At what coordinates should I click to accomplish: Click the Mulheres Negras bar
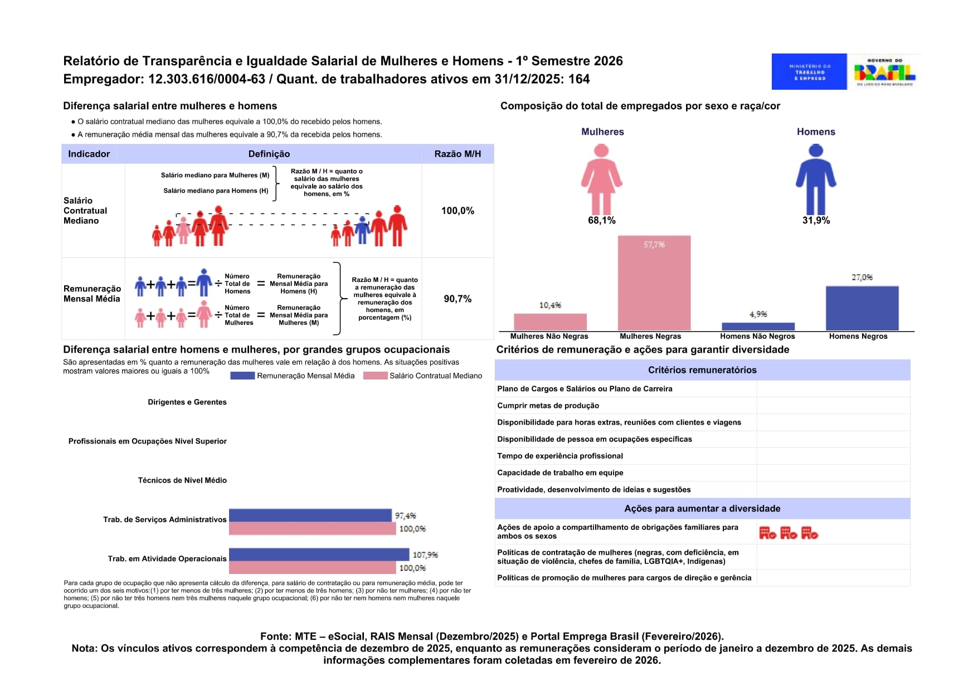coord(654,283)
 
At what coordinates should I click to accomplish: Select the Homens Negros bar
coord(862,308)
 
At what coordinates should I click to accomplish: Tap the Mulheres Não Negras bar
coord(550,322)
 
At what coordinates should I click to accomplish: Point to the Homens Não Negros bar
coord(758,327)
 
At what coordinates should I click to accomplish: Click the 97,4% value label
coord(405,515)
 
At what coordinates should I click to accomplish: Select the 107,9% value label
coord(425,555)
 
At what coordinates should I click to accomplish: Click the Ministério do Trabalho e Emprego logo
coord(809,72)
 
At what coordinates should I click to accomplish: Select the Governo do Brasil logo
coord(884,72)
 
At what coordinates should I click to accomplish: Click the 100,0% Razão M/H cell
coord(458,211)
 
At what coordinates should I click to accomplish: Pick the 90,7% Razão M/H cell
coord(458,299)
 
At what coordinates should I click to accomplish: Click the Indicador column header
coord(89,154)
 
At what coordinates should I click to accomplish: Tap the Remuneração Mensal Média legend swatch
coord(242,376)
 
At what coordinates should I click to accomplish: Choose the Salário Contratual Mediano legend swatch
coord(375,376)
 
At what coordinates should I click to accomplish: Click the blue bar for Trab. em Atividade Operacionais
coord(319,554)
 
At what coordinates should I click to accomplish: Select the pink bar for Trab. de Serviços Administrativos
coord(312,528)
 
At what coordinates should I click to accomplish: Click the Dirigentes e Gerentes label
coord(187,402)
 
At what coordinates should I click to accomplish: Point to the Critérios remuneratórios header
coord(702,370)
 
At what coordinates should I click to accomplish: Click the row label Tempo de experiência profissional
coord(560,456)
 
